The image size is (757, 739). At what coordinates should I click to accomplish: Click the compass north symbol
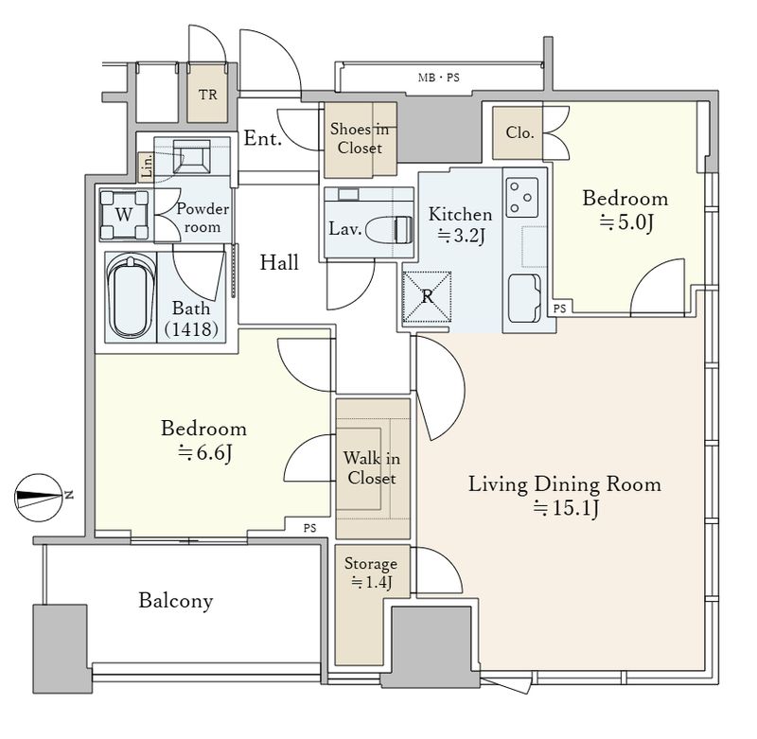pos(40,497)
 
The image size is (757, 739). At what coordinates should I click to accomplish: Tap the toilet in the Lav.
pos(389,230)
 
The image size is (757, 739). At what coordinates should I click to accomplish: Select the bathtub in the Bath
pos(131,298)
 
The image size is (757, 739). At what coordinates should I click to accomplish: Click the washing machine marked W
pos(124,215)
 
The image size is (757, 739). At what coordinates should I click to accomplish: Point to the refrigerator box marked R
pos(427,296)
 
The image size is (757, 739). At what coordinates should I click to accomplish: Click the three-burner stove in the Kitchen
pos(522,197)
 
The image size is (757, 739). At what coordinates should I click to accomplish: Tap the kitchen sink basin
pos(524,298)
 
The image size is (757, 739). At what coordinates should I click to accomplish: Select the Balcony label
pos(176,602)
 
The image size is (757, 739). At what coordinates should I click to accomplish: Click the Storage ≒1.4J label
pos(371,573)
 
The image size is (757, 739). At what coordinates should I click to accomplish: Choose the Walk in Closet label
pos(372,467)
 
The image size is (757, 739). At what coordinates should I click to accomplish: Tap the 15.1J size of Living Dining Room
pos(566,508)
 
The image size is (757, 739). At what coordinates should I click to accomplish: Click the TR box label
pos(207,95)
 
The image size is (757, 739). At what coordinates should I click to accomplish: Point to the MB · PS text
pos(439,78)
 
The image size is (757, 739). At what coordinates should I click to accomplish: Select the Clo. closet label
pos(519,132)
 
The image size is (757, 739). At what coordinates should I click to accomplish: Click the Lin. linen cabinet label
pos(147,166)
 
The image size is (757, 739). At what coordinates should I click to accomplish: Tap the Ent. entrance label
pos(263,138)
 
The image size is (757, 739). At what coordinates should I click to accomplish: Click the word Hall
pos(279,263)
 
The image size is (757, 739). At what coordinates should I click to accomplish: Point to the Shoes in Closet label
pos(360,138)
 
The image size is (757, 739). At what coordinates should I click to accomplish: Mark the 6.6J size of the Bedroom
pos(205,452)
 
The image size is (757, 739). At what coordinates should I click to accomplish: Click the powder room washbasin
pos(192,155)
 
